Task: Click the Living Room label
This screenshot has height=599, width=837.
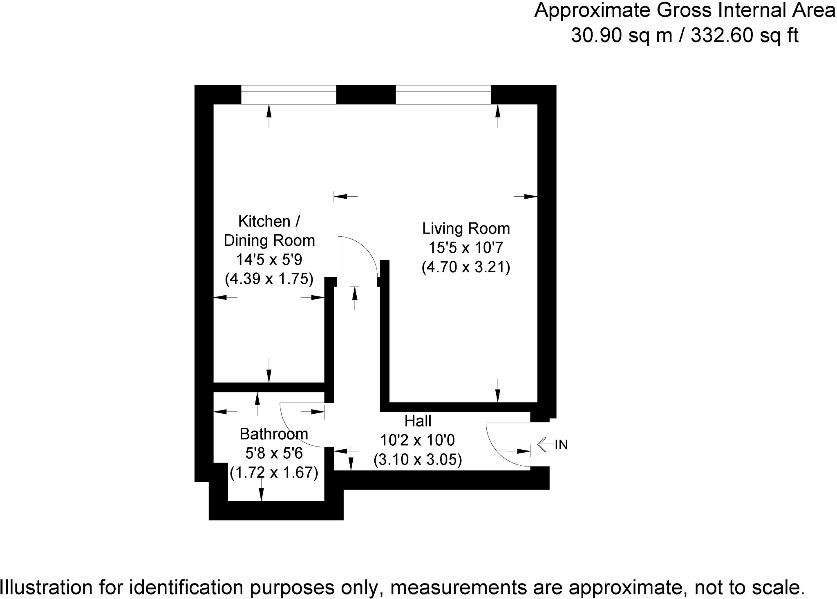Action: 466,229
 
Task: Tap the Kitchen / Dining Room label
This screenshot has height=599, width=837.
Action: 269,231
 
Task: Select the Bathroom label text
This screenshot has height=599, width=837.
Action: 274,434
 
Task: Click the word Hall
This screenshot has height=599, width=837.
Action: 418,421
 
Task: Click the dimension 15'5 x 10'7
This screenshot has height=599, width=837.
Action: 465,248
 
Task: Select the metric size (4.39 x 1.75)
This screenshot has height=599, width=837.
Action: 269,279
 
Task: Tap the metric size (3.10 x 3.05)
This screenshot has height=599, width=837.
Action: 418,460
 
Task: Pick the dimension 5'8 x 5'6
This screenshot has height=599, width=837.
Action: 274,453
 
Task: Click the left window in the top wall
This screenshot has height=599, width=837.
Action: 289,95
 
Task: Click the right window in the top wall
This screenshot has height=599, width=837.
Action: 443,95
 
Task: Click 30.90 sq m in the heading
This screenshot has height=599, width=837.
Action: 621,35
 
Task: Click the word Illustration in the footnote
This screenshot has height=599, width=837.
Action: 47,588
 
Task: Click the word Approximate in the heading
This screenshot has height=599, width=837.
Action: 593,11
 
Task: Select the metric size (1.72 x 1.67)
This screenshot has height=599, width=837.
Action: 274,473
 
